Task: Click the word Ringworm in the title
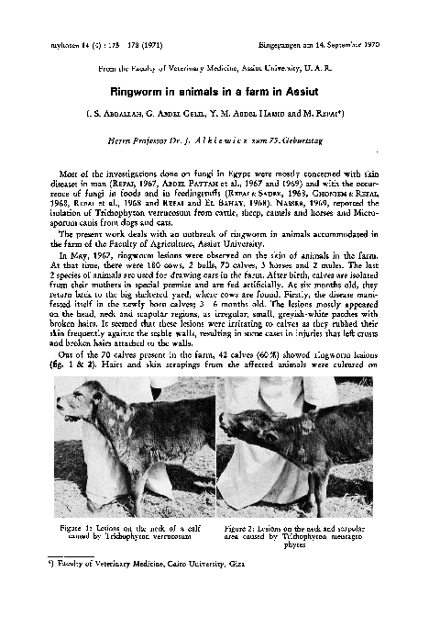(137, 92)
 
